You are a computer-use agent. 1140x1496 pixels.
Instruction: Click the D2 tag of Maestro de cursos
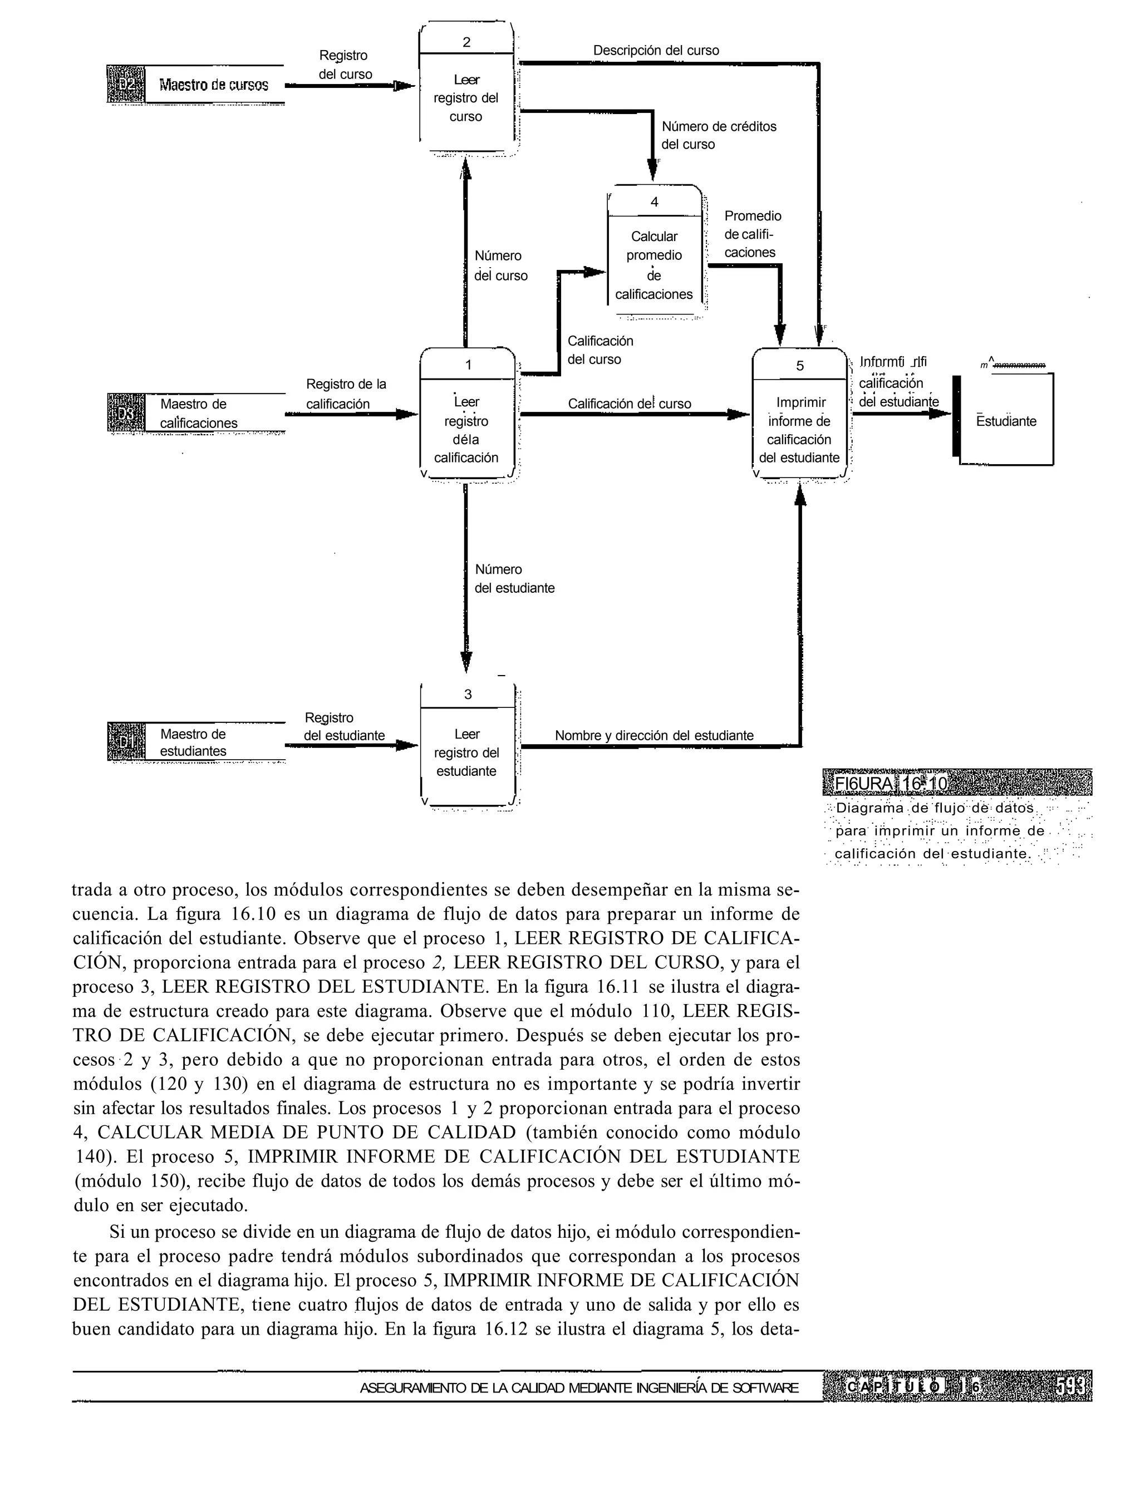pos(126,84)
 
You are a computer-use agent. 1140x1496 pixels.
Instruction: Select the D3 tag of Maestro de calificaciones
pos(126,412)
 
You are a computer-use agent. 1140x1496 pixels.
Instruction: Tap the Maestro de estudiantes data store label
pos(193,742)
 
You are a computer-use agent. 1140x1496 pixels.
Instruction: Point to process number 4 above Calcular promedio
pos(654,202)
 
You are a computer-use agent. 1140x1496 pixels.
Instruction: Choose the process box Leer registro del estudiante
pos(467,752)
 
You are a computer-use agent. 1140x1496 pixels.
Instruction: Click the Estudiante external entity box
pos(1006,421)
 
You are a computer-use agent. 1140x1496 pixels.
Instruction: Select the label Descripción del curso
pos(656,50)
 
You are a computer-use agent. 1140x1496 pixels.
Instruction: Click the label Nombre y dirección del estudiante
pos(654,735)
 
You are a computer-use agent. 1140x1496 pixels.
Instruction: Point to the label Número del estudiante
pos(514,579)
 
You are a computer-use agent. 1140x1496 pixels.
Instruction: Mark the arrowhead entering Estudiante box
pos(940,412)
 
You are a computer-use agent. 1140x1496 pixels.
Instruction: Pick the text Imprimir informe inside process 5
pos(800,412)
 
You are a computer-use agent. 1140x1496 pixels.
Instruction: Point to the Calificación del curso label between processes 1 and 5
pos(629,403)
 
